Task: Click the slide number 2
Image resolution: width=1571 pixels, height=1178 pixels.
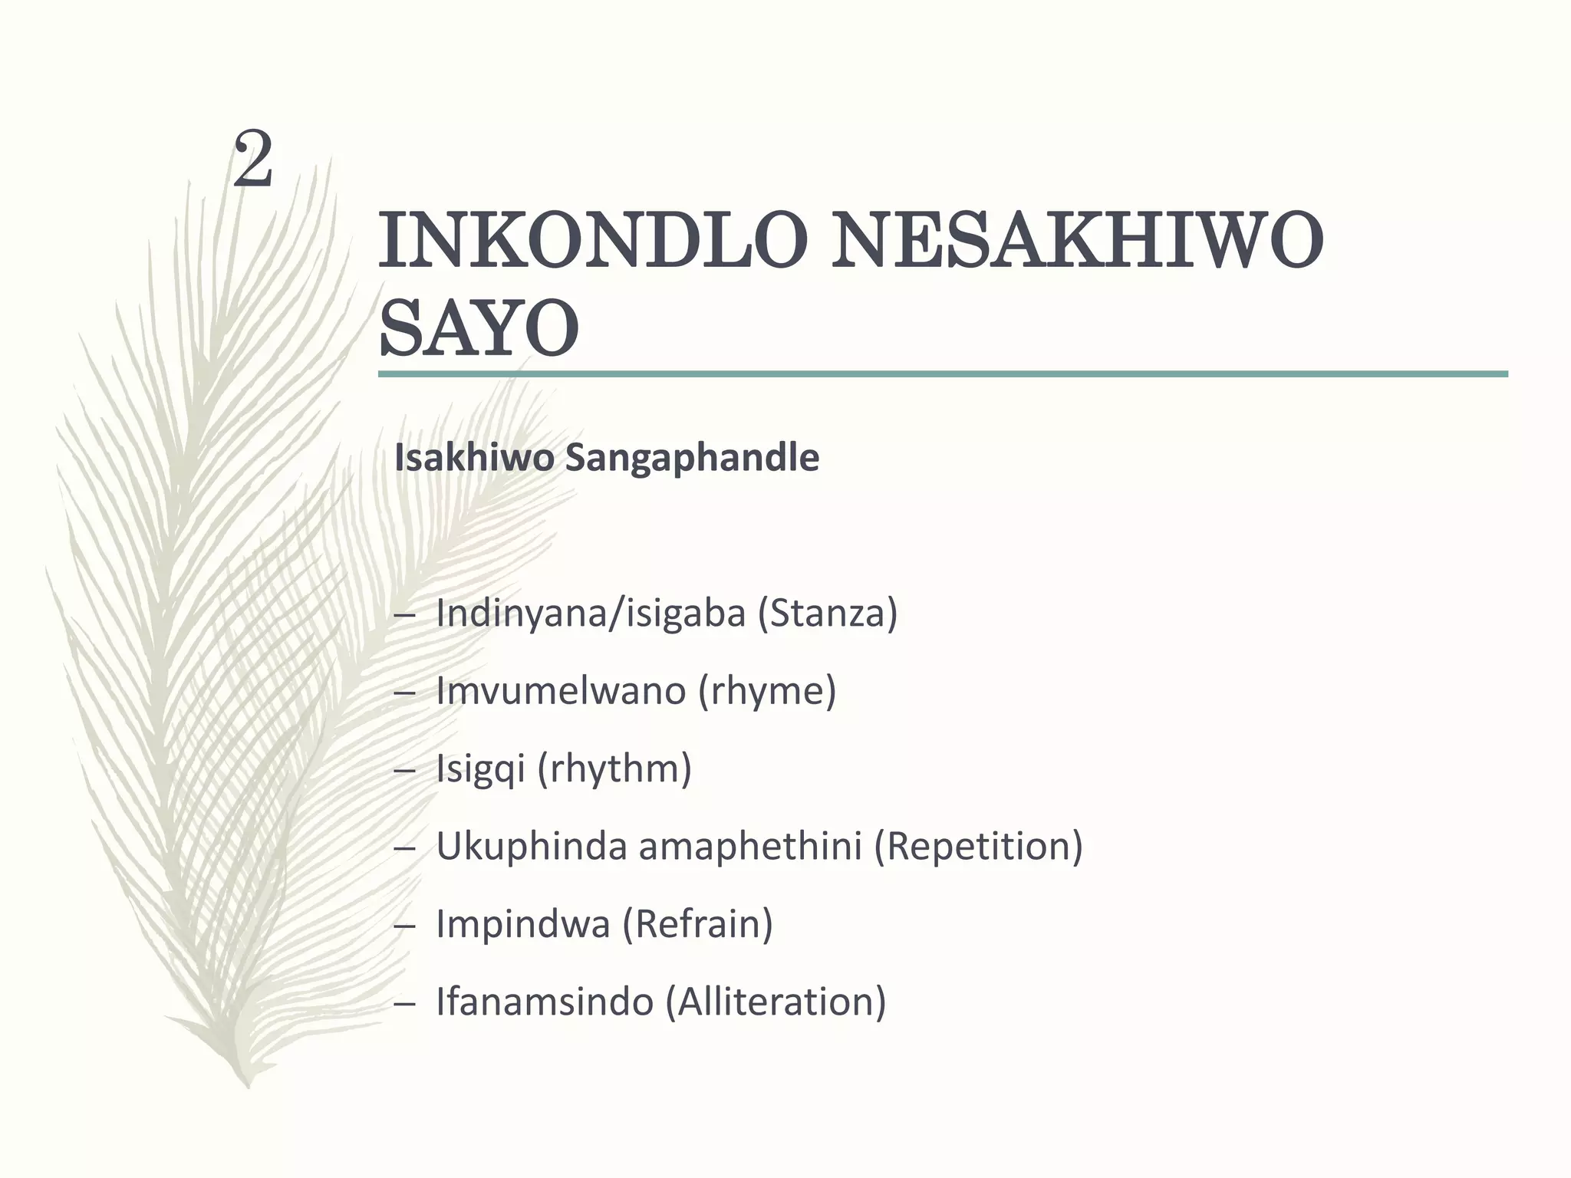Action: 253,160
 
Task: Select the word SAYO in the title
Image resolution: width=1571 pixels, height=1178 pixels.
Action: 479,330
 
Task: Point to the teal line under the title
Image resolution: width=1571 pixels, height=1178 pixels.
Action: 942,374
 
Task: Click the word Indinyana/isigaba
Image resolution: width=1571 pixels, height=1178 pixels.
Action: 591,614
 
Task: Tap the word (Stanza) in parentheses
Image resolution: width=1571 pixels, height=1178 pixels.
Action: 828,614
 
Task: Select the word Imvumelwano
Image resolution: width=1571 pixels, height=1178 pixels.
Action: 561,690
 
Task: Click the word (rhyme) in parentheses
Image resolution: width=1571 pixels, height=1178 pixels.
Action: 767,692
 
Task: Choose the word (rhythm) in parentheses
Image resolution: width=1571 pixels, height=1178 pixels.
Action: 615,769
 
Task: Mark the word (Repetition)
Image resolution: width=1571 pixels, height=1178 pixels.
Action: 978,846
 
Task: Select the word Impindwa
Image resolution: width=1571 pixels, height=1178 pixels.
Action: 522,924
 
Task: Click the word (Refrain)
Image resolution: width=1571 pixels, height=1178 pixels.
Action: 697,924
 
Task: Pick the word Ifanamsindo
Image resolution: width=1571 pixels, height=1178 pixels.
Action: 545,1002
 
